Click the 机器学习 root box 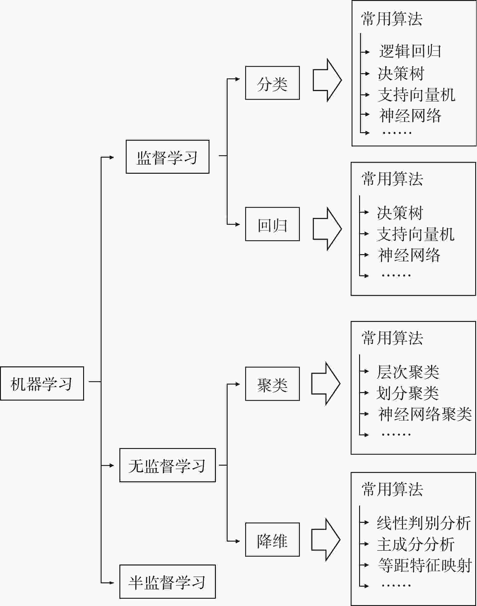(x=42, y=383)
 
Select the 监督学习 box (x=167, y=156)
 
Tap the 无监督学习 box (x=167, y=465)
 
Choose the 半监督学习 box (x=167, y=581)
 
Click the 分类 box (x=272, y=83)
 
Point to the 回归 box (x=272, y=224)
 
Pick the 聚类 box (x=272, y=384)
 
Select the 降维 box (x=272, y=539)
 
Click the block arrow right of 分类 (x=327, y=80)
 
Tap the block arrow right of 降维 (x=326, y=540)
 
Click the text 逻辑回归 (x=410, y=51)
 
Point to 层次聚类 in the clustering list (x=408, y=372)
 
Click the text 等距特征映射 (x=425, y=565)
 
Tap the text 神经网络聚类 (x=425, y=414)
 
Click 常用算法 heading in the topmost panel (x=392, y=19)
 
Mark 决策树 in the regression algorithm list (x=400, y=213)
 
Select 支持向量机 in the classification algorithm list (x=417, y=95)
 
